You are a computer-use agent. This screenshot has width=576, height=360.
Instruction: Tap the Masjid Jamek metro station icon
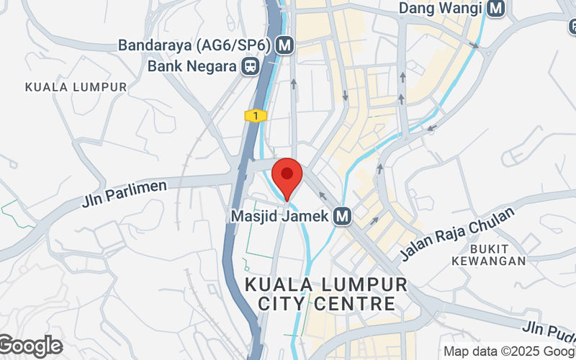(x=342, y=215)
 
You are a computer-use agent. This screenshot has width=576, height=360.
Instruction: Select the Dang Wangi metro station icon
(x=495, y=9)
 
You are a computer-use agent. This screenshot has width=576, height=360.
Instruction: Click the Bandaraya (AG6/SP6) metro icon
(x=286, y=45)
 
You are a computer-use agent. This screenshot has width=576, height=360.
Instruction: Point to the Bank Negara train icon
(x=250, y=67)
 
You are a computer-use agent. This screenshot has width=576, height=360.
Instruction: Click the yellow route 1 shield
(x=256, y=115)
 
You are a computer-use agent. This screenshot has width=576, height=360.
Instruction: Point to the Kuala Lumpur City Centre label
(x=326, y=294)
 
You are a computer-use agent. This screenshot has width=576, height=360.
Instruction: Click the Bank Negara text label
(x=192, y=67)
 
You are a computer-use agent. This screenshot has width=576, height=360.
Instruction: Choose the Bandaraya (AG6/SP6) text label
(x=194, y=45)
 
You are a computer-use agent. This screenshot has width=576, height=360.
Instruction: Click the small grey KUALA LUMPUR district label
(x=76, y=86)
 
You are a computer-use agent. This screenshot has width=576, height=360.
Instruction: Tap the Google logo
(x=30, y=346)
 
